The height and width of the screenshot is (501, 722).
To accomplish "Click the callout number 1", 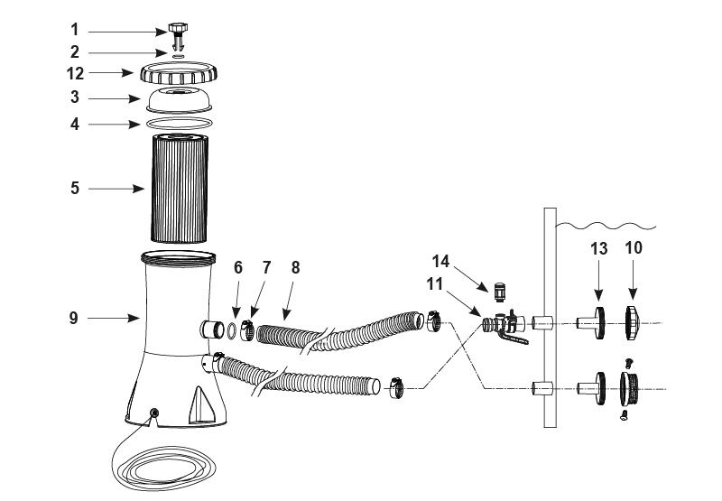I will (x=75, y=30).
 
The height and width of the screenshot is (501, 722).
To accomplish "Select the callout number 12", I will (x=77, y=72).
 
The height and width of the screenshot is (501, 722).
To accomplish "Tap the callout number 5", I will (x=75, y=188).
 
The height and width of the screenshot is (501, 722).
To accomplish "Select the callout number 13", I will (x=598, y=248).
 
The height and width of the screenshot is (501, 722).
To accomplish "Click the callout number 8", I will (x=295, y=267).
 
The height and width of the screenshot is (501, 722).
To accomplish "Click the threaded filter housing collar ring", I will (x=180, y=73).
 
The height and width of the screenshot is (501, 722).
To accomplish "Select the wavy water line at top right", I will (x=614, y=222).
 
